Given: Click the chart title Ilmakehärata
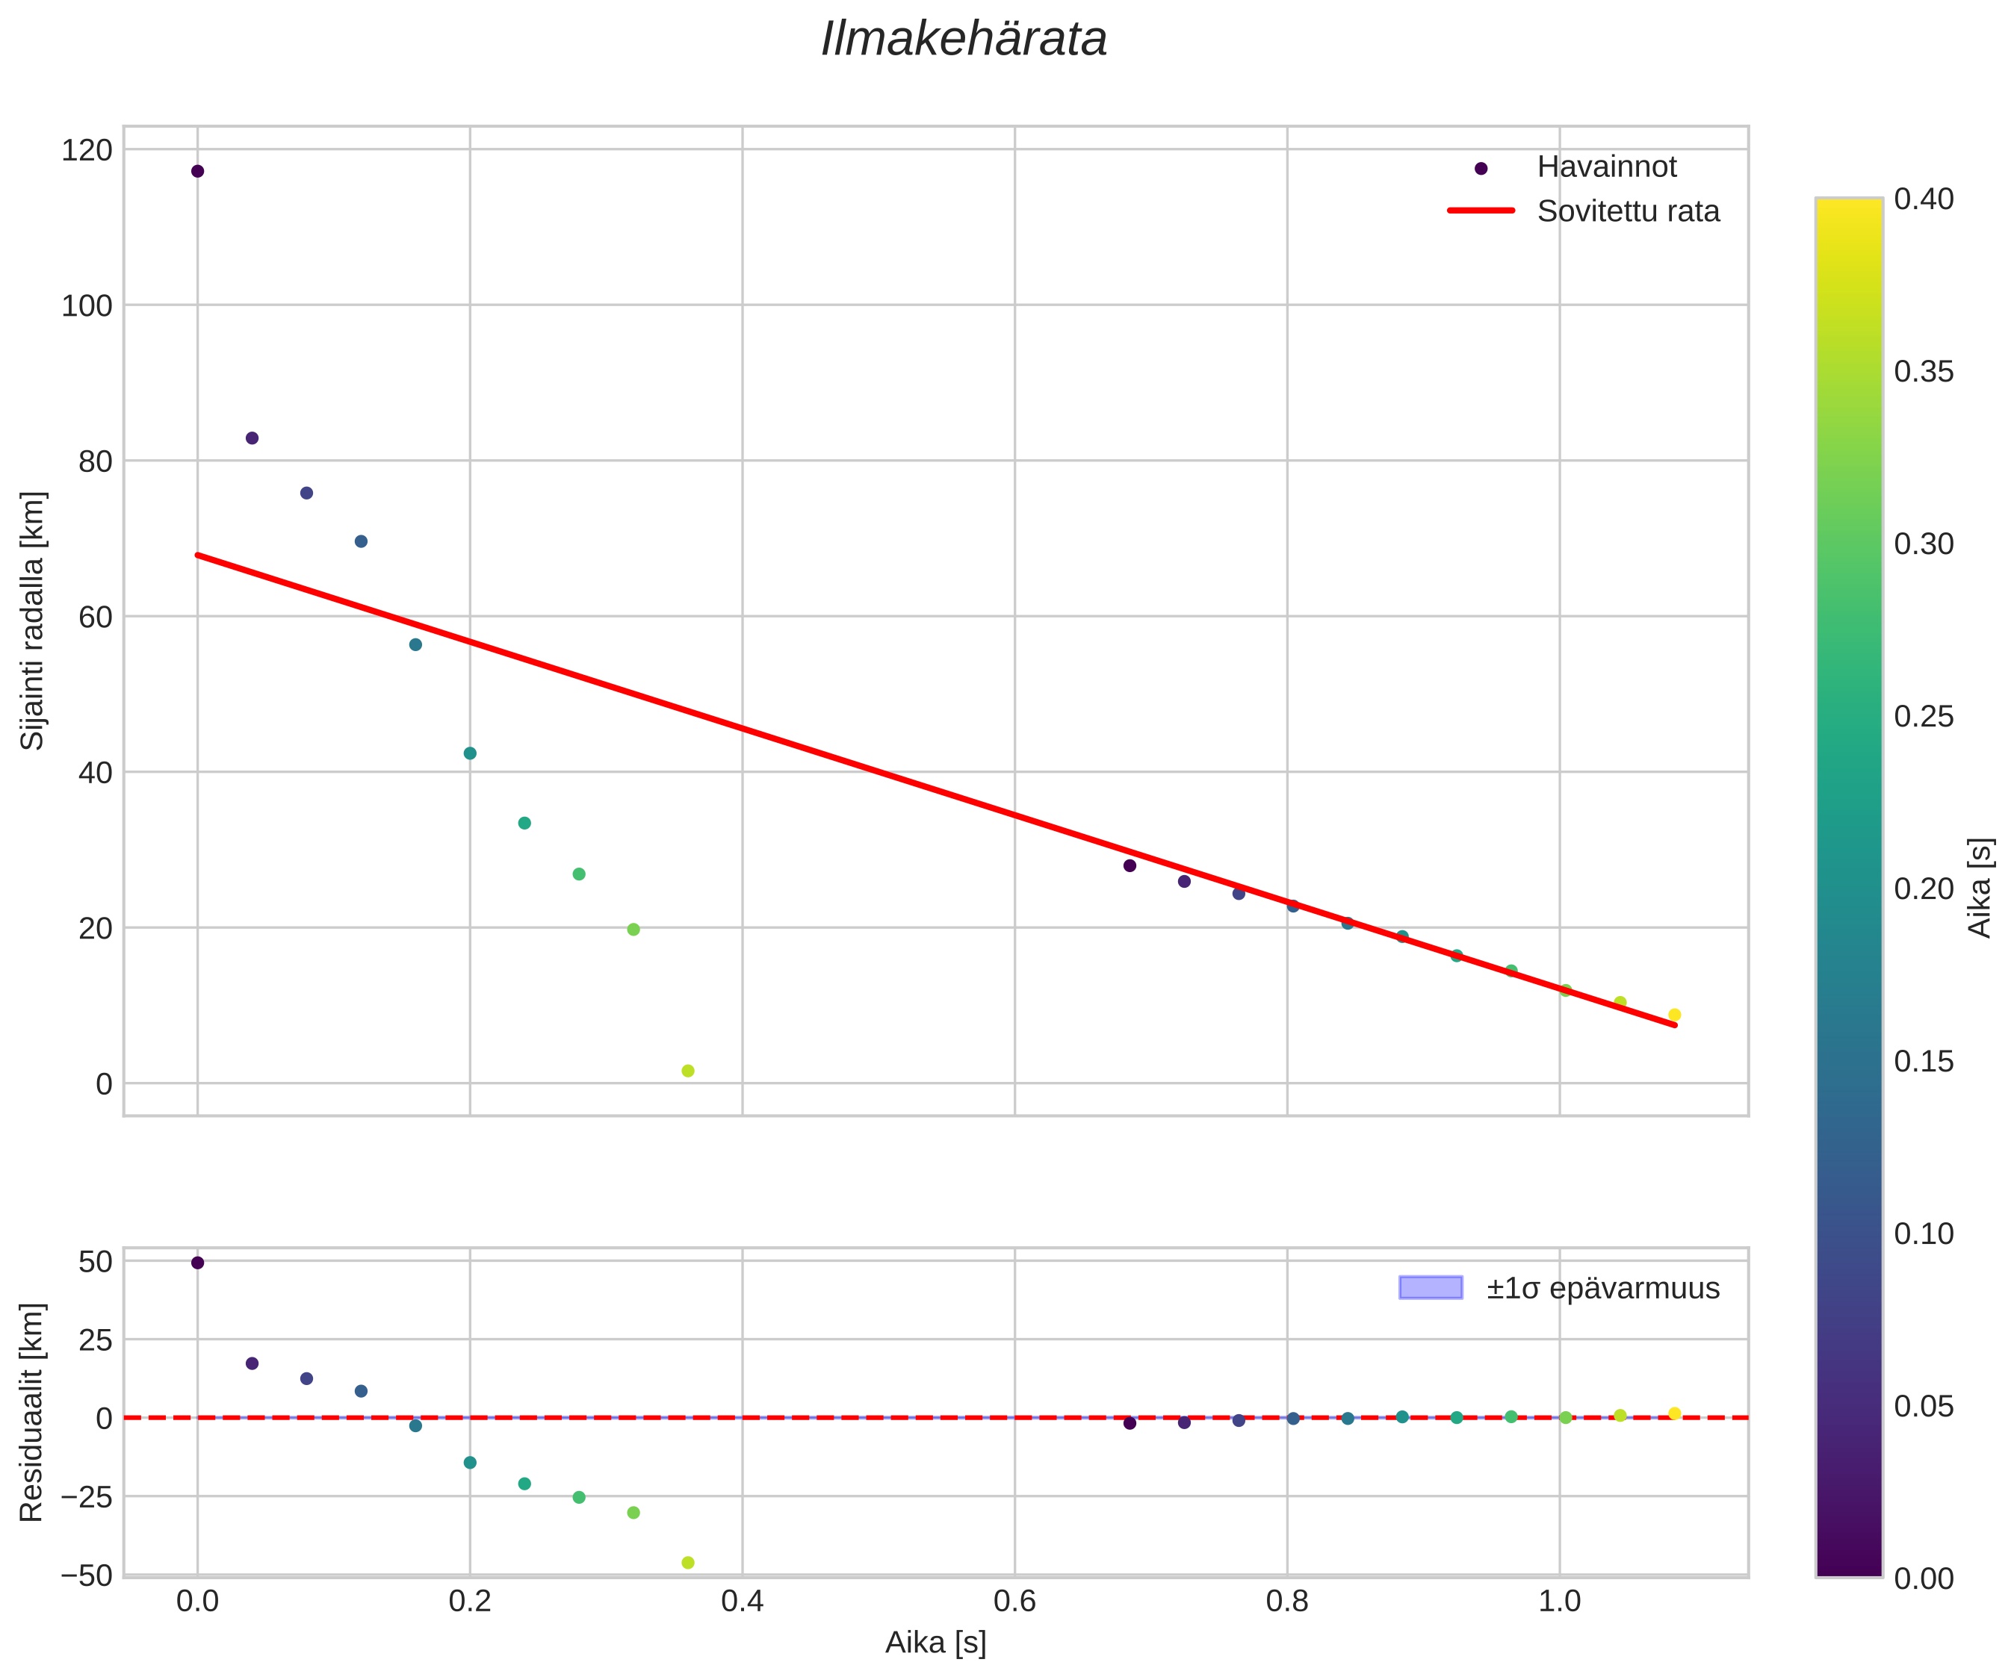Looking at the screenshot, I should click(x=964, y=40).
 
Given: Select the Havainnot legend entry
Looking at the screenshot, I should click(x=1605, y=167).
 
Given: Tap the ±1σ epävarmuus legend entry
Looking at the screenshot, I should click(x=1602, y=1288).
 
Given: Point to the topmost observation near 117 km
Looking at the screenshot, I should click(x=197, y=172).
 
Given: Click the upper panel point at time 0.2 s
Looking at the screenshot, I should click(x=470, y=753).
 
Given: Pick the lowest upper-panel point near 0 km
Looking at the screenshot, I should click(x=687, y=1071).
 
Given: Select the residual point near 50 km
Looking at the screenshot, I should click(x=197, y=1263).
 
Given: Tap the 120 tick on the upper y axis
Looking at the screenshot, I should click(x=87, y=151).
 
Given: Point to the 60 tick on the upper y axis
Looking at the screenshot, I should click(x=95, y=617).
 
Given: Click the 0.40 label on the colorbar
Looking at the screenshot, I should click(x=1924, y=199).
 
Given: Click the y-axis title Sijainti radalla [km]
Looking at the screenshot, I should click(x=34, y=621).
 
